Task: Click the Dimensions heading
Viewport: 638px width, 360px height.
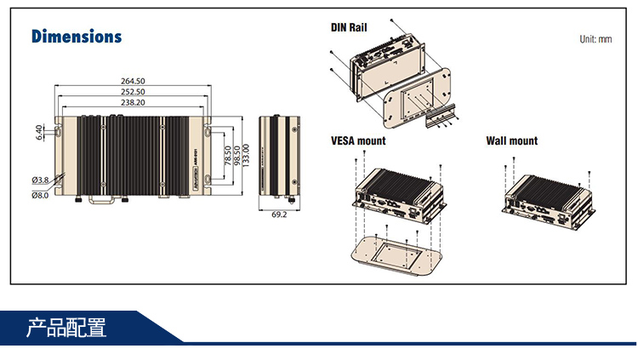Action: (x=77, y=37)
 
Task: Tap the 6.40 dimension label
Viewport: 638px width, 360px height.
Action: (x=39, y=133)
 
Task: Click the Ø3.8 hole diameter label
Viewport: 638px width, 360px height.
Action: (x=40, y=180)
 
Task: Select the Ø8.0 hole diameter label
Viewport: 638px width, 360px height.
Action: (x=40, y=195)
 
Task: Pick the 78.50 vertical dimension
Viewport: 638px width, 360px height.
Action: (x=228, y=158)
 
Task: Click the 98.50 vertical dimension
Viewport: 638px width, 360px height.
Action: (x=237, y=158)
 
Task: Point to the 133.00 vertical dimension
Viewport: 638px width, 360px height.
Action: (x=247, y=158)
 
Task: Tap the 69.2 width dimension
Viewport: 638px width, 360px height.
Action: (x=279, y=215)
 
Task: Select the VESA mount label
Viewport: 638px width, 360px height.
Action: (x=358, y=141)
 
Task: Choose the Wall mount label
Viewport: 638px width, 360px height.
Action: (x=511, y=141)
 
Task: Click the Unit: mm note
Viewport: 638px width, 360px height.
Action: (x=595, y=39)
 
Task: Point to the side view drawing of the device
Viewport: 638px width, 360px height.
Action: (x=279, y=157)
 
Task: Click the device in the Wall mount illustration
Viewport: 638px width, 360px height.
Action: (x=544, y=198)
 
